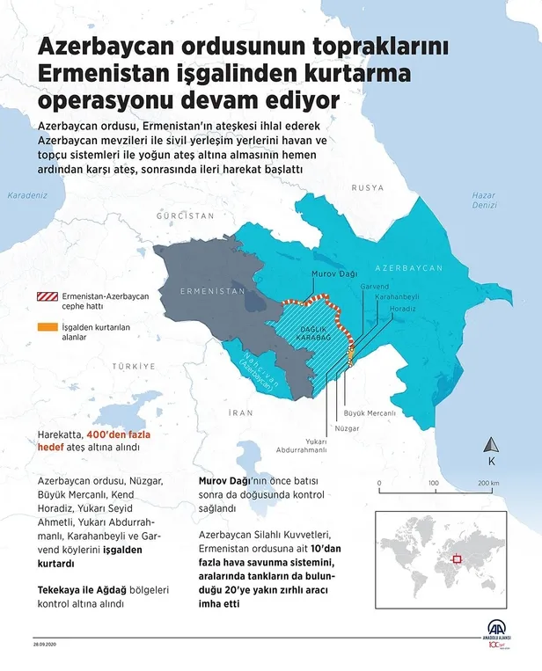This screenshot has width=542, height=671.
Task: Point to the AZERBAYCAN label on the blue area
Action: point(408,267)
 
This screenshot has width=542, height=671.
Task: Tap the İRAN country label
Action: point(240,412)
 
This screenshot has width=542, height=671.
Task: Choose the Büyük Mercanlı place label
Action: point(369,412)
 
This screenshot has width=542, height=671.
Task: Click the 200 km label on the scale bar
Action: point(489,484)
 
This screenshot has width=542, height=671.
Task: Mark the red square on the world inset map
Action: point(456,558)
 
